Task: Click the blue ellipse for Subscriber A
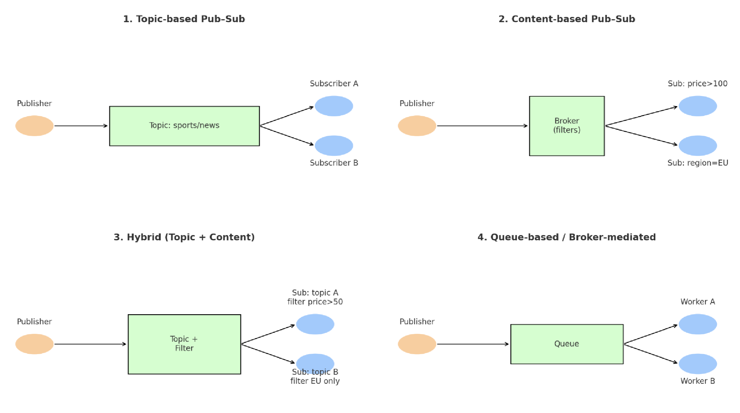pyautogui.click(x=334, y=106)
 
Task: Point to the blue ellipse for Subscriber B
pyautogui.click(x=334, y=146)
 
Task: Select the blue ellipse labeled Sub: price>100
pyautogui.click(x=698, y=106)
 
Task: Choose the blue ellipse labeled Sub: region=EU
pyautogui.click(x=698, y=146)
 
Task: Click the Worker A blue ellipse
pyautogui.click(x=698, y=324)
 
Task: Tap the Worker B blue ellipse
pyautogui.click(x=698, y=364)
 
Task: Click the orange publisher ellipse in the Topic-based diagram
pyautogui.click(x=35, y=126)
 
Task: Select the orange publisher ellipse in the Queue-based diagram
pyautogui.click(x=417, y=344)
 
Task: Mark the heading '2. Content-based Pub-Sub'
pyautogui.click(x=567, y=19)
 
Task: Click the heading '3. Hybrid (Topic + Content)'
pyautogui.click(x=184, y=237)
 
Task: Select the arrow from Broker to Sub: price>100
pyautogui.click(x=641, y=116)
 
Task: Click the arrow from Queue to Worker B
pyautogui.click(x=650, y=353)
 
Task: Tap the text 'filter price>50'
pyautogui.click(x=315, y=302)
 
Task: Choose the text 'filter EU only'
pyautogui.click(x=315, y=381)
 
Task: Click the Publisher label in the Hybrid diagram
pyautogui.click(x=34, y=322)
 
